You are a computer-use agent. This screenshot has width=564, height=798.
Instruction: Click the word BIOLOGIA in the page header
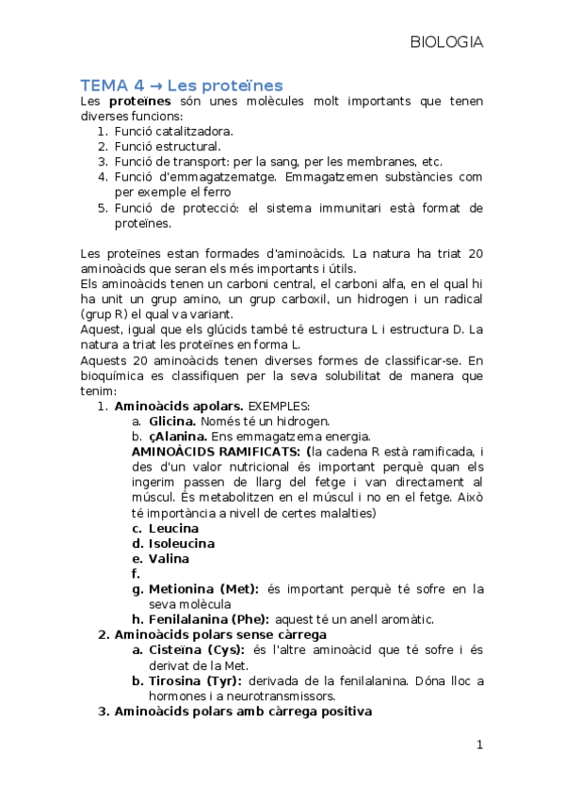pyautogui.click(x=446, y=42)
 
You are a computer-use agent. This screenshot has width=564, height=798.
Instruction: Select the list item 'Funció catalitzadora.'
pyautogui.click(x=173, y=131)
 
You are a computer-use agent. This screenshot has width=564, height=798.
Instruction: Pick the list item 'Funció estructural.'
pyautogui.click(x=168, y=146)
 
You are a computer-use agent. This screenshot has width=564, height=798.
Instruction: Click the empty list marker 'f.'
pyautogui.click(x=137, y=573)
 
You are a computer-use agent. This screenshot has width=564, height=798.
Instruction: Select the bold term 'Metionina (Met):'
pyautogui.click(x=203, y=588)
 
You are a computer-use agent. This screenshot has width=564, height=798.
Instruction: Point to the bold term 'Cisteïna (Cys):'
pyautogui.click(x=194, y=650)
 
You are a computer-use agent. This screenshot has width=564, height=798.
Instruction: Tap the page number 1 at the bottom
pyautogui.click(x=479, y=745)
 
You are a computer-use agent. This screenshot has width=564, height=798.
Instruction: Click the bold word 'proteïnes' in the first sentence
pyautogui.click(x=139, y=101)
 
